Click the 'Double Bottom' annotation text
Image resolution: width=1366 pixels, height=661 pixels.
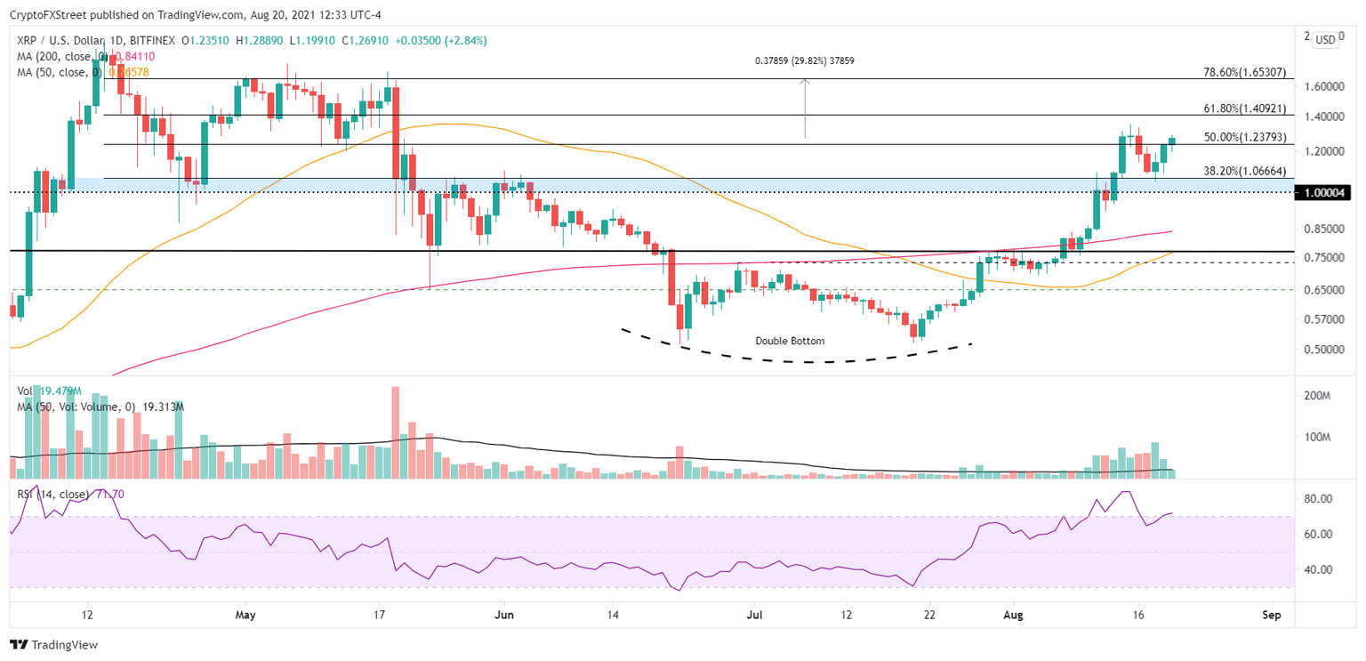[x=790, y=341]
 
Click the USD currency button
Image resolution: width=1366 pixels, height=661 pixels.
[x=1325, y=39]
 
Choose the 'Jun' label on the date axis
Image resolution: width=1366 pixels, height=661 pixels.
[x=503, y=615]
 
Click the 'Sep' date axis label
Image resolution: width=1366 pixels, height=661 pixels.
[x=1272, y=615]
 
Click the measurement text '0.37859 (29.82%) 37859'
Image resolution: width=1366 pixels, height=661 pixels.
[x=804, y=60]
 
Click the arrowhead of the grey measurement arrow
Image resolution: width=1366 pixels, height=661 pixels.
[x=805, y=82]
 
